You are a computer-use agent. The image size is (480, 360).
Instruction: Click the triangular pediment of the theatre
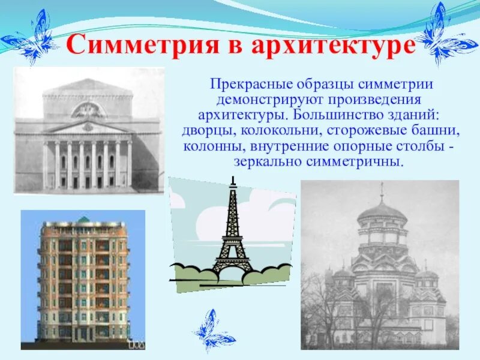88,127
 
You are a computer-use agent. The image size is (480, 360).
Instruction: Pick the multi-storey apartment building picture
83,280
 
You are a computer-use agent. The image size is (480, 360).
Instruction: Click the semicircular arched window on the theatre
88,110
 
